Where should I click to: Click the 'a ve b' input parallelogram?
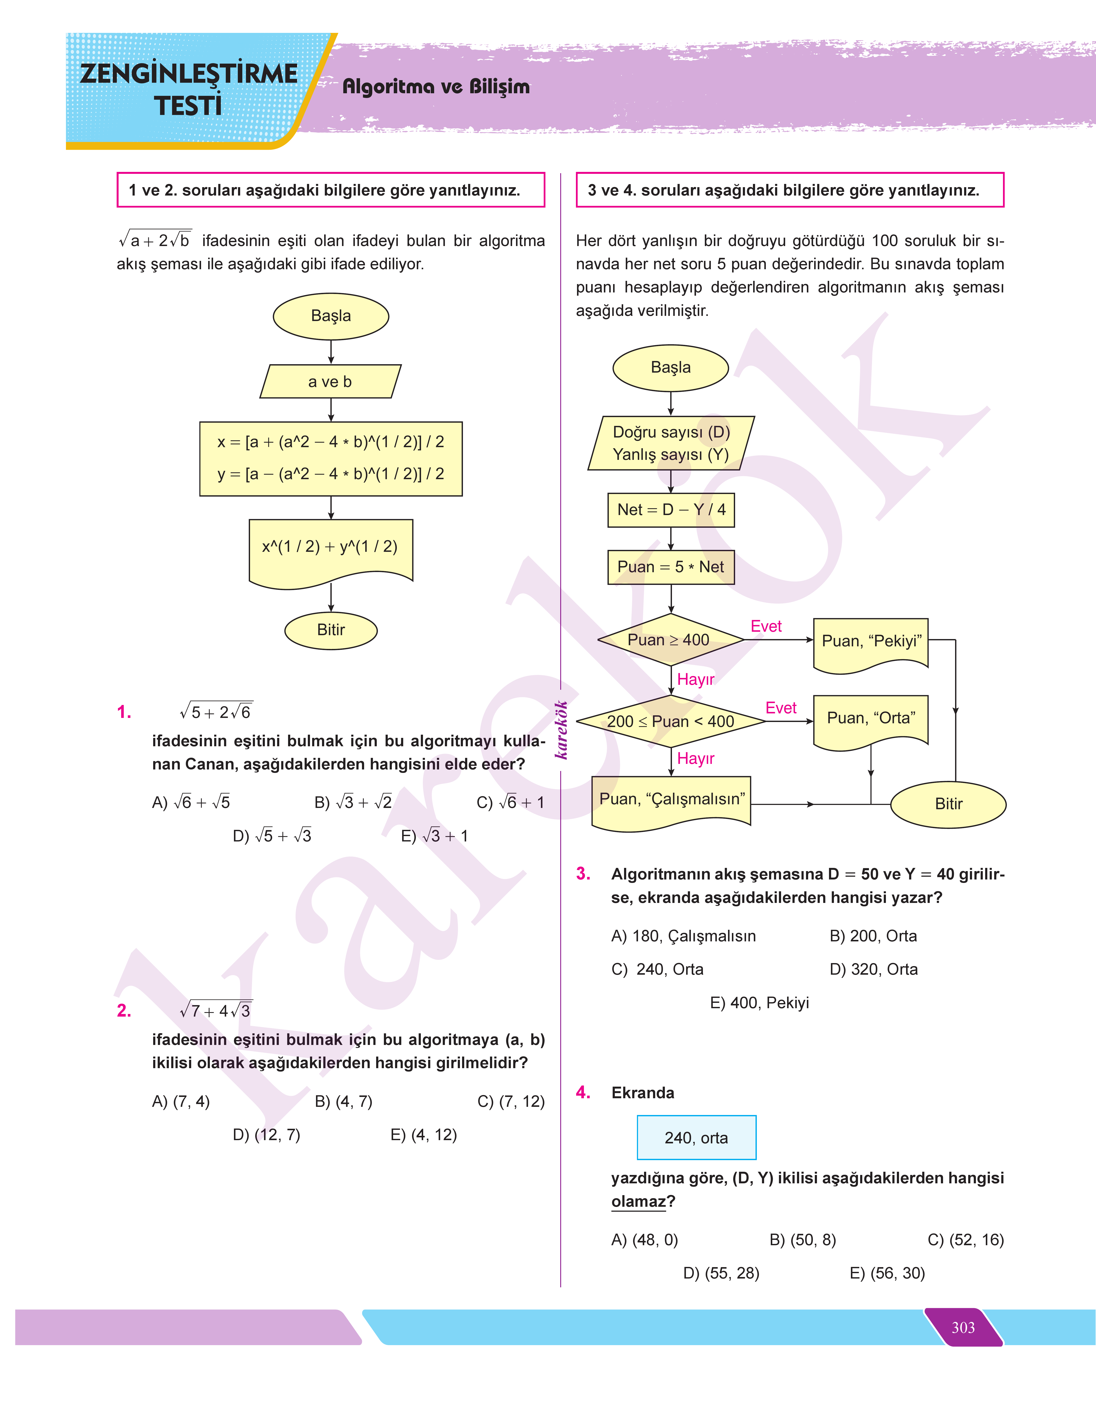coord(330,382)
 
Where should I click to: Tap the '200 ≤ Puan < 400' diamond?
coord(671,721)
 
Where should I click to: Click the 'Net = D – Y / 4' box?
coord(671,510)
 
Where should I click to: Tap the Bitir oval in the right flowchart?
coord(948,804)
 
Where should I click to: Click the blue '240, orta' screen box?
coord(696,1138)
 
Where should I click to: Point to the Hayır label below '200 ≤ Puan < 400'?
coord(696,759)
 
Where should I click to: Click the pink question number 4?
coord(583,1092)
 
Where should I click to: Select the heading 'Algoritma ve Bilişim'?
coord(436,87)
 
